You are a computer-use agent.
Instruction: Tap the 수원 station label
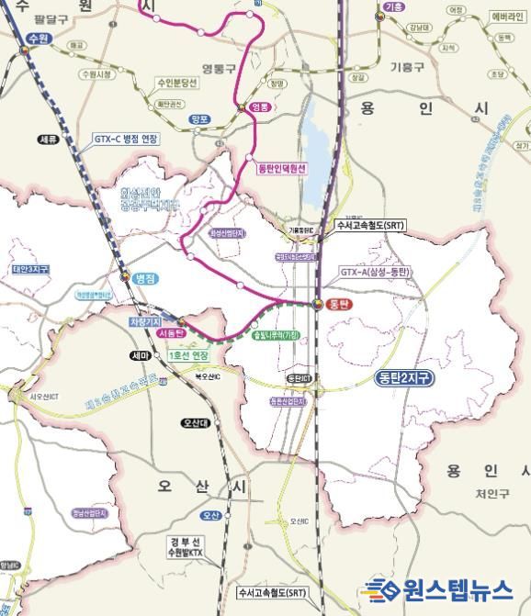[38, 38]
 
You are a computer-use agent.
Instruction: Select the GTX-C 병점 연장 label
[126, 139]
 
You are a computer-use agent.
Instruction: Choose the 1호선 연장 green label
[189, 354]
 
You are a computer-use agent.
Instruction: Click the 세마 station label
[140, 355]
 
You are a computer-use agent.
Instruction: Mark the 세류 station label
[48, 140]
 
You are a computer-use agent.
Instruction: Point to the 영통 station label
[262, 107]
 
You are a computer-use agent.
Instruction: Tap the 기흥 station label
[393, 7]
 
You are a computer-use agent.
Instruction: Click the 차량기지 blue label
[145, 322]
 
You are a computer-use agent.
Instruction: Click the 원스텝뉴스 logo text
[450, 588]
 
